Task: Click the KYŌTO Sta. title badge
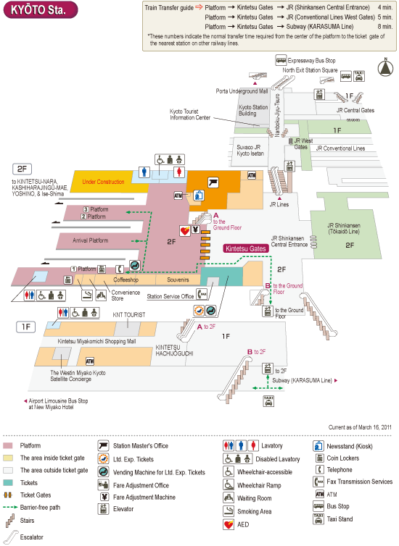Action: pos(41,9)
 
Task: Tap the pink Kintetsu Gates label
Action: pos(245,248)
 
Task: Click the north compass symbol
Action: pos(385,67)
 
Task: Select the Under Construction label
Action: pos(103,182)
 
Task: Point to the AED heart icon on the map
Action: pos(185,230)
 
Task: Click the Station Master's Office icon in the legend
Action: pos(103,446)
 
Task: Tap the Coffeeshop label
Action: pos(126,280)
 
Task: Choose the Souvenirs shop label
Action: pos(178,280)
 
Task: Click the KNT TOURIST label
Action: pos(129,315)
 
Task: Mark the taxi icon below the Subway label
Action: pos(268,400)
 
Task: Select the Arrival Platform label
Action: pos(91,240)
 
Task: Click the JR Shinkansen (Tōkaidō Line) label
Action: pos(344,228)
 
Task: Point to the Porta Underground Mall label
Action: pos(242,91)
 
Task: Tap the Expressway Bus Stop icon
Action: pos(281,60)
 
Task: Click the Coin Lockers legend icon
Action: pos(319,458)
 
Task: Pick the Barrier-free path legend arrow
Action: pos(10,508)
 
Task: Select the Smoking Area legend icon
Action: pos(229,511)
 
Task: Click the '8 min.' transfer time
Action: pos(385,27)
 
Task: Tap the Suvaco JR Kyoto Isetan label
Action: pos(250,150)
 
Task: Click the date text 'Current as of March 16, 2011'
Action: pos(360,427)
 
